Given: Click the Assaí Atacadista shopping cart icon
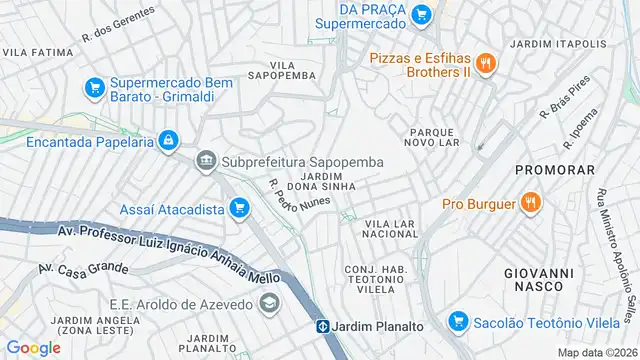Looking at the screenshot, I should point(239,208).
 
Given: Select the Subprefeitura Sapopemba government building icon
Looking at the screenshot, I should point(206,160).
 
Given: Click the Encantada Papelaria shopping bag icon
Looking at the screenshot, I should point(169,141).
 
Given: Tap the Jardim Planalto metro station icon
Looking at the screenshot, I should point(324,326).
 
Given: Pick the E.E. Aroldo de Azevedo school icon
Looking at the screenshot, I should point(269,302).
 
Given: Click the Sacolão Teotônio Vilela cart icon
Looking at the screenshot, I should point(458,321).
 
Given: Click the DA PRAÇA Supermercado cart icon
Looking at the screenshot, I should point(421,14).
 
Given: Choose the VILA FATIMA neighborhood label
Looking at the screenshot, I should point(37,50).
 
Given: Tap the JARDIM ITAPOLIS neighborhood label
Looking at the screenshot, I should point(557,44).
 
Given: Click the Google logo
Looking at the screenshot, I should point(33,347).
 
